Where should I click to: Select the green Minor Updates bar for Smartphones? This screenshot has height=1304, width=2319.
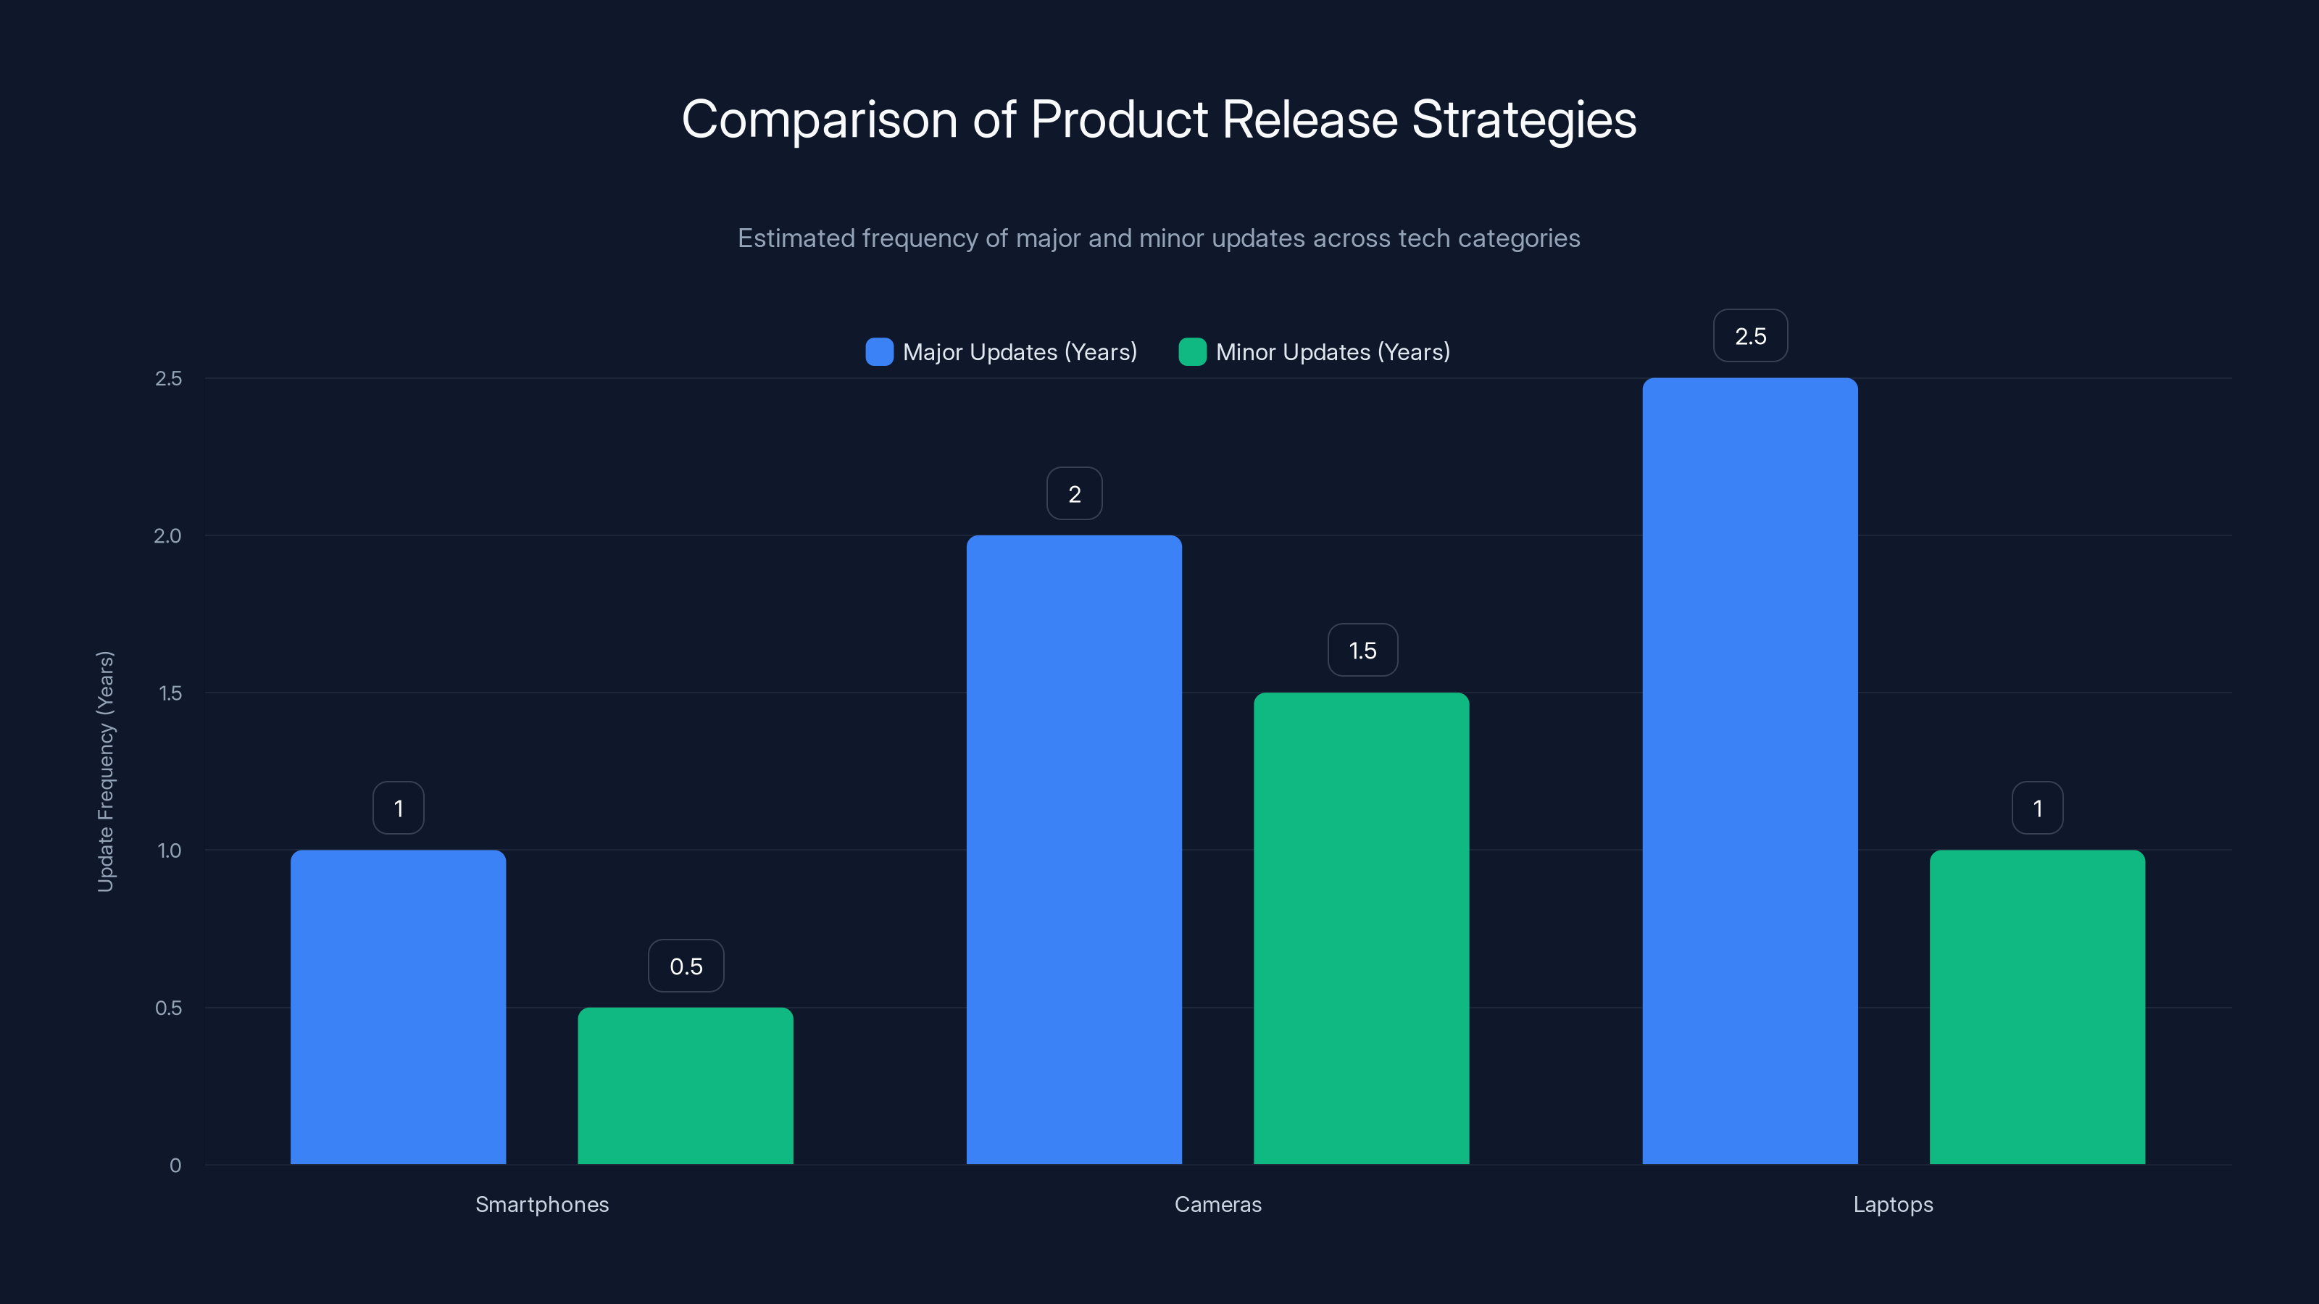coord(685,1085)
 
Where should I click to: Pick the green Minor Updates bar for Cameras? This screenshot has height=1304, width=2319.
coord(1361,928)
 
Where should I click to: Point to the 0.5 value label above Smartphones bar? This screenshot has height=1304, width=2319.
coord(686,966)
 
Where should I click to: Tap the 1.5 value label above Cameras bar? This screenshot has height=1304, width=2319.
coord(1362,650)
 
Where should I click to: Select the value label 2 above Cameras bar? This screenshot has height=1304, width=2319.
coord(1074,493)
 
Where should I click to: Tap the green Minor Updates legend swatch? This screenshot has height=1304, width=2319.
coord(1192,352)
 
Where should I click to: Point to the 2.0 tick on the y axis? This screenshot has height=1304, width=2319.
coord(167,535)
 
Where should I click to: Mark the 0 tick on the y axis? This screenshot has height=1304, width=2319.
coord(175,1166)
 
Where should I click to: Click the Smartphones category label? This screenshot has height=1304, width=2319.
coord(542,1204)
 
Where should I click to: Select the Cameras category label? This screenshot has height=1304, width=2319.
coord(1217,1204)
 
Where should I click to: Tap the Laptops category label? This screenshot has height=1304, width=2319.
coord(1892,1204)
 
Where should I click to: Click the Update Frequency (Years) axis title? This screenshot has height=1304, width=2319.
coord(105,772)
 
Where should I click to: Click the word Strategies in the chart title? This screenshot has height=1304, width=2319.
coord(1523,120)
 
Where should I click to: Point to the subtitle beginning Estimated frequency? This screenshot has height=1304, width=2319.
coord(1159,238)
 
